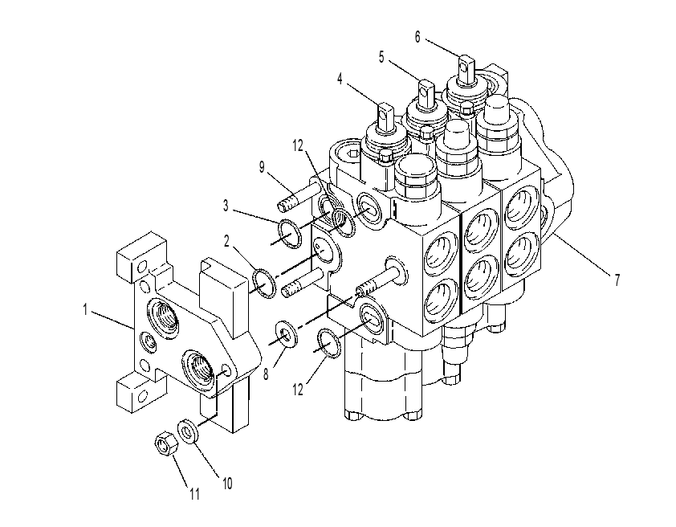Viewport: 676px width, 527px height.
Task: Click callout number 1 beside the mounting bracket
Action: (x=85, y=309)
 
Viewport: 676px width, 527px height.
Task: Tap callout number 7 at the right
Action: (x=617, y=280)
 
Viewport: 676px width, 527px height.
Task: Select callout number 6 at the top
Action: (x=417, y=37)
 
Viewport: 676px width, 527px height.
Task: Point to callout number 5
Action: (x=381, y=57)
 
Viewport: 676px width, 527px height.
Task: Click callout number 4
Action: (x=340, y=79)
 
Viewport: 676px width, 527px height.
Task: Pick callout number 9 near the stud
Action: (x=261, y=167)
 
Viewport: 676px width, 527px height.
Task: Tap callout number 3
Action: (x=226, y=206)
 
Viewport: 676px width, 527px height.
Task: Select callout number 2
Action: (x=226, y=242)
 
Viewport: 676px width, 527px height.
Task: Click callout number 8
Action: (x=266, y=374)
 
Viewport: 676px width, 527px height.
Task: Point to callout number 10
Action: (x=227, y=484)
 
